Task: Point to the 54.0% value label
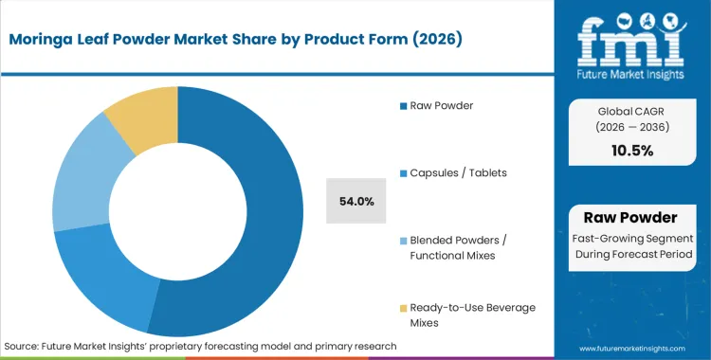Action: [x=355, y=201]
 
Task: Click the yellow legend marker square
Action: [x=402, y=307]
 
